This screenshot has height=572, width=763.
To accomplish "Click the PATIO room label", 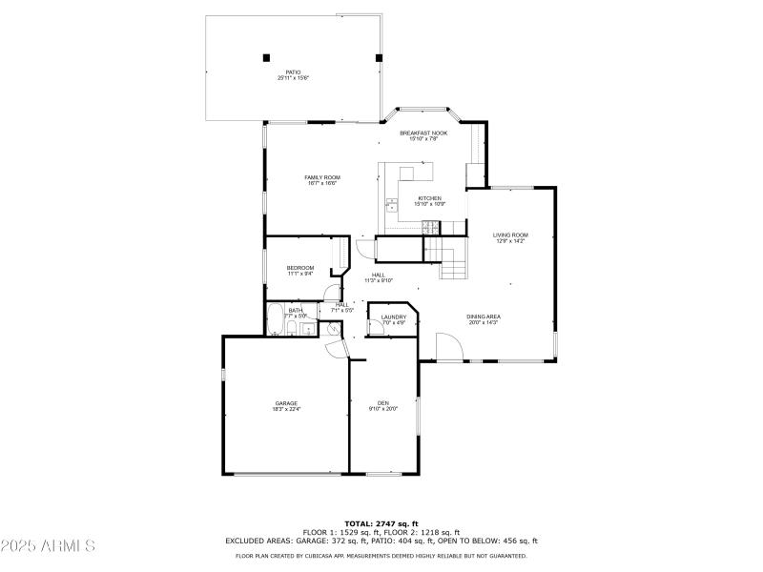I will click(x=293, y=71).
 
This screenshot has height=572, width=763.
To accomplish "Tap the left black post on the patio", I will click(x=266, y=57).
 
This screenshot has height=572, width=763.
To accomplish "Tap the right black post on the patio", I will click(x=379, y=57).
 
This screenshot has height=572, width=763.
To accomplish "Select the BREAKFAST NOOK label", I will click(x=423, y=133).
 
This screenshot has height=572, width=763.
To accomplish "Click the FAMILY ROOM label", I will click(x=322, y=177).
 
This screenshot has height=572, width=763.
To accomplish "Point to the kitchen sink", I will click(x=391, y=203).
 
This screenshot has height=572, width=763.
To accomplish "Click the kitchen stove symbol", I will click(x=429, y=226).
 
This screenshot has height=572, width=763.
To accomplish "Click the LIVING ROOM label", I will click(x=510, y=235).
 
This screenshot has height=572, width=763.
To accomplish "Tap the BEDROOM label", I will click(x=300, y=268).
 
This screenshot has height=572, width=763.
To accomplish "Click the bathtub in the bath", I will click(x=275, y=321).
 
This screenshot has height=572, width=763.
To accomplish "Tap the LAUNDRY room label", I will click(x=394, y=317).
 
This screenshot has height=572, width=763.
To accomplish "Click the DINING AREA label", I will click(x=484, y=317).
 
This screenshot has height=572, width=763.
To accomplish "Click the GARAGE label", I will click(x=286, y=403).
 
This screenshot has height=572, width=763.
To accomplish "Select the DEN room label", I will click(x=382, y=402).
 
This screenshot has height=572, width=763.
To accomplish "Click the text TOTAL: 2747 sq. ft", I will click(x=381, y=523).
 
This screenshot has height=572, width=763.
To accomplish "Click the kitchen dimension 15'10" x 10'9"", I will click(x=429, y=204).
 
